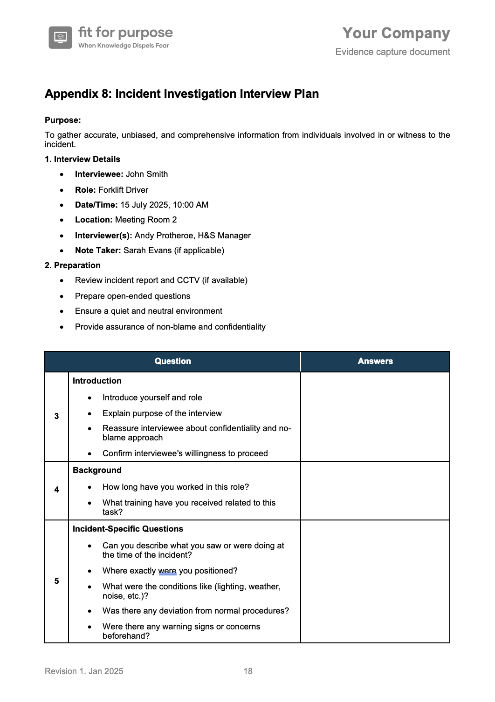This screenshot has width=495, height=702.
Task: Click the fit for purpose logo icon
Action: click(x=61, y=37)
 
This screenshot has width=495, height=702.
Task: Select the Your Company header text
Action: click(x=396, y=33)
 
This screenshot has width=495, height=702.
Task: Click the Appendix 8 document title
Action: click(x=182, y=94)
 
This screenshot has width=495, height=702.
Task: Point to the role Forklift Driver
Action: click(x=123, y=190)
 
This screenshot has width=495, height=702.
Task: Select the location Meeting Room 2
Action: click(x=146, y=220)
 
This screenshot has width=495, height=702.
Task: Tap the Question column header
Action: click(x=172, y=361)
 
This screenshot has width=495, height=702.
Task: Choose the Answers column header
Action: click(x=375, y=361)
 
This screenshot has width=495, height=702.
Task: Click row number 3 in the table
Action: click(x=56, y=416)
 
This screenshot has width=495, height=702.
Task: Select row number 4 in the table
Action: click(x=56, y=490)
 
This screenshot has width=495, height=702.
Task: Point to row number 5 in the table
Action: click(x=56, y=581)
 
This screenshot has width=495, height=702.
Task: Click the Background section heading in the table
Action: click(x=97, y=470)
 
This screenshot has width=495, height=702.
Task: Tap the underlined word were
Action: click(x=167, y=571)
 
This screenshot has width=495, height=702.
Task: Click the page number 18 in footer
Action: click(x=248, y=671)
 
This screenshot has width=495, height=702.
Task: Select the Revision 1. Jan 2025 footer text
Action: click(x=84, y=671)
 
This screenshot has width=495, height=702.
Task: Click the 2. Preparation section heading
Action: click(x=73, y=265)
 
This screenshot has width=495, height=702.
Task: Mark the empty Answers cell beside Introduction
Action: click(x=375, y=417)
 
